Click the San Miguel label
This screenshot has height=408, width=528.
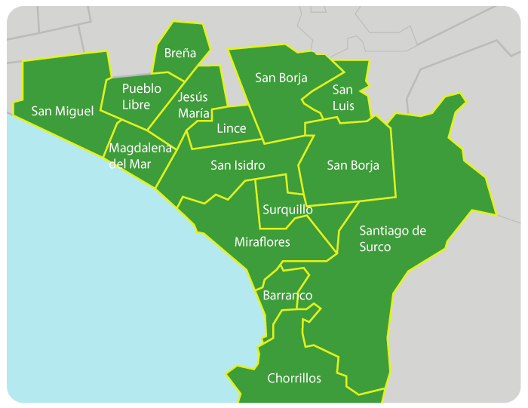point(63,112)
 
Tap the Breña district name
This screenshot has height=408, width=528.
point(180,53)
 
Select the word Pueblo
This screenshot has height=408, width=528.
point(141,89)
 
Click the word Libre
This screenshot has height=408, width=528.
point(136,105)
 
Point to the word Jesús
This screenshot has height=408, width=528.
point(193,97)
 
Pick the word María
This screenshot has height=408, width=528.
point(194,113)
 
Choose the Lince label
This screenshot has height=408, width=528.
point(231,128)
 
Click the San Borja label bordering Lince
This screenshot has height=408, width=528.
point(281,78)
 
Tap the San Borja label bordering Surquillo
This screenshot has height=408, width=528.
point(352,165)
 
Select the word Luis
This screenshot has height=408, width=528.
point(343,106)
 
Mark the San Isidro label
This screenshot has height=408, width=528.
point(238,165)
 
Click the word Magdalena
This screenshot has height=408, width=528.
point(140,148)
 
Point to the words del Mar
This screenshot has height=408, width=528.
point(130,164)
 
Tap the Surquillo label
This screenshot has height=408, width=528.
point(287,209)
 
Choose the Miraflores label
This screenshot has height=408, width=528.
point(262,242)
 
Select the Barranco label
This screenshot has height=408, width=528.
point(287,296)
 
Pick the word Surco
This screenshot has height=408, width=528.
point(375,247)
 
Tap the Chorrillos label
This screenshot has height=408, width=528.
point(294,379)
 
